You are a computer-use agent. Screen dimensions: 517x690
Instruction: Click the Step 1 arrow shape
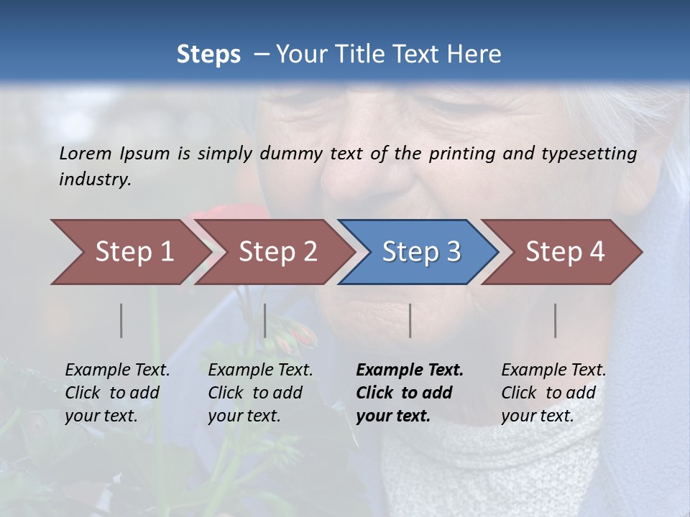[129, 252]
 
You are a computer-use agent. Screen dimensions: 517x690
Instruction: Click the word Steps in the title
[208, 54]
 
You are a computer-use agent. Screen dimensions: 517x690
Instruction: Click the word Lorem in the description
[86, 154]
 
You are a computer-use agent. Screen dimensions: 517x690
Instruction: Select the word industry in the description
[95, 180]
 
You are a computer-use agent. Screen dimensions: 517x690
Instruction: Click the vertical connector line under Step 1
[121, 320]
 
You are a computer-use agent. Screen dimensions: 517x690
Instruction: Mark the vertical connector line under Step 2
[265, 320]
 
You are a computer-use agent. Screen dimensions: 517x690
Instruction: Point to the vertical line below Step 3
[410, 320]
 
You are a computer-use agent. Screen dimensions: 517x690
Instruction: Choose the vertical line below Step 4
[556, 320]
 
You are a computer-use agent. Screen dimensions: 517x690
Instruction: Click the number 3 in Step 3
[454, 252]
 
